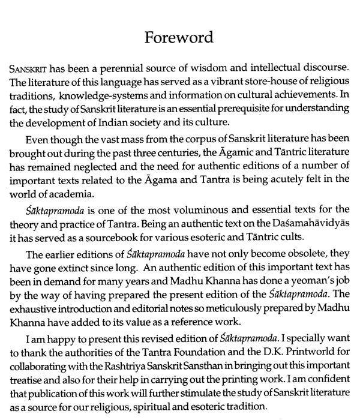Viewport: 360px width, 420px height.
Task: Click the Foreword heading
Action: pyautogui.click(x=179, y=38)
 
